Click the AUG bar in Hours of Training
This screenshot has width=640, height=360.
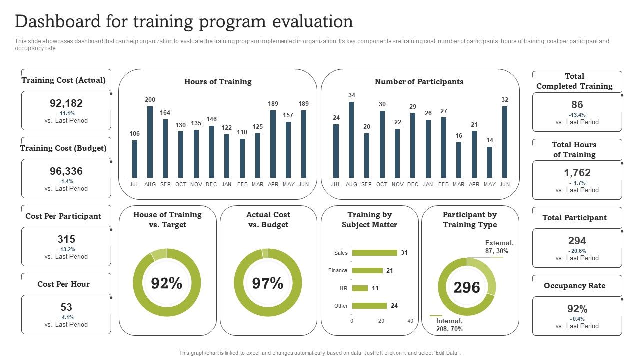(150, 142)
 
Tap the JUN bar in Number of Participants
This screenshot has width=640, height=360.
(505, 142)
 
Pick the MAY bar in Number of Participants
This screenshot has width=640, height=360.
(489, 162)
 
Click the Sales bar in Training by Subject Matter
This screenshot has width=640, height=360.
(375, 253)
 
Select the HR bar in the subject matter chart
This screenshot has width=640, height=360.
(360, 288)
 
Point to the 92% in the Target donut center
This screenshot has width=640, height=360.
(167, 284)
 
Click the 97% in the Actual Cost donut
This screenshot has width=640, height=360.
(268, 284)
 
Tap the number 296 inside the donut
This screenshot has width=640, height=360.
(467, 287)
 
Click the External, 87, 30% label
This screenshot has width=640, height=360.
(499, 247)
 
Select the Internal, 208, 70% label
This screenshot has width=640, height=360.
(449, 325)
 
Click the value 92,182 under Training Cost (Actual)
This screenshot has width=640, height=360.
(66, 103)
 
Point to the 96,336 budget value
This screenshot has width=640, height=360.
(66, 171)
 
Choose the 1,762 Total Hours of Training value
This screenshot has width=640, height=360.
(577, 173)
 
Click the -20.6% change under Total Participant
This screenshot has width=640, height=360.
(577, 251)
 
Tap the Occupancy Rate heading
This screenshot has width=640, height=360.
(574, 286)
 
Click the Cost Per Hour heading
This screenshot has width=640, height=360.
(64, 284)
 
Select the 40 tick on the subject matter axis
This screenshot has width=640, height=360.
(410, 321)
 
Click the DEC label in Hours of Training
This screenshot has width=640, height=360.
(211, 184)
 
